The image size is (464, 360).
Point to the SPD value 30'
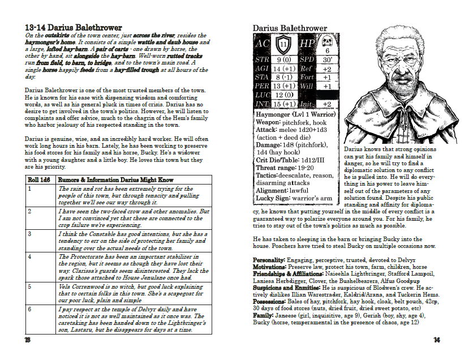click(327, 59)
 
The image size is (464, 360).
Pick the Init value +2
click(327, 104)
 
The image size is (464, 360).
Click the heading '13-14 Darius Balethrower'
click(71, 27)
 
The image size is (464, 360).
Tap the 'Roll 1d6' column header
click(40, 180)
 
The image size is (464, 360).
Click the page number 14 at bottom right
click(436, 340)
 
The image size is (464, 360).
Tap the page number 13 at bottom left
click(27, 340)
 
